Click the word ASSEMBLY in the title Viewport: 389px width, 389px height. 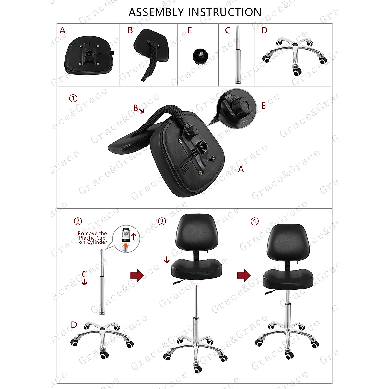(x=156, y=12)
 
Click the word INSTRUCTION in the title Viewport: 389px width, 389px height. (x=224, y=12)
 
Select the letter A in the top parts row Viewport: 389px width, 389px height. (x=62, y=30)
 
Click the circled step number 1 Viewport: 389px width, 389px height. (x=73, y=98)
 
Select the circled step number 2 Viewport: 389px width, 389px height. (x=78, y=221)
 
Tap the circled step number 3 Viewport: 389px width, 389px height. (x=162, y=221)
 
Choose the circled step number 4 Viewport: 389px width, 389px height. (x=255, y=221)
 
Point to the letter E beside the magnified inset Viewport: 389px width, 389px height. (x=263, y=106)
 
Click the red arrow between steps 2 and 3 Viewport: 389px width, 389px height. (x=137, y=276)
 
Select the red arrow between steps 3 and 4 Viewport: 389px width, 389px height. (x=243, y=276)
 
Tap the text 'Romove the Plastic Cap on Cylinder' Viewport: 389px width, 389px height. (x=92, y=238)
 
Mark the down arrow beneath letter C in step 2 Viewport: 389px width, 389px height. (x=84, y=282)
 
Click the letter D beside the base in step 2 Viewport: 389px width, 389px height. (x=74, y=324)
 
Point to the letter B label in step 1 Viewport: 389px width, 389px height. (x=136, y=108)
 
